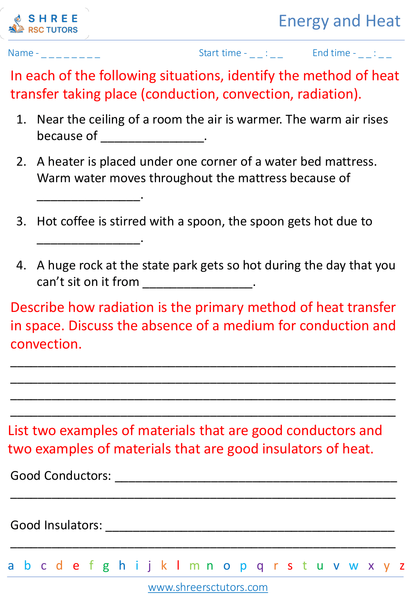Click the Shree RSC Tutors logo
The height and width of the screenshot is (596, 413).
44,23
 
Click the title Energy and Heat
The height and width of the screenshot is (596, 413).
339,21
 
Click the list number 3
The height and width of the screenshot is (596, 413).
21,221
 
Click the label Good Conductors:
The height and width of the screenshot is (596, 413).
61,475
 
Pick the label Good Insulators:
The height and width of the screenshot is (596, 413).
56,525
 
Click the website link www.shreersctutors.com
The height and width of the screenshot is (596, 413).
208,587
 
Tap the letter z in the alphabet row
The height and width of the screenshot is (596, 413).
402,566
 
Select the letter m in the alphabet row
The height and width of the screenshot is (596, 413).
194,566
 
